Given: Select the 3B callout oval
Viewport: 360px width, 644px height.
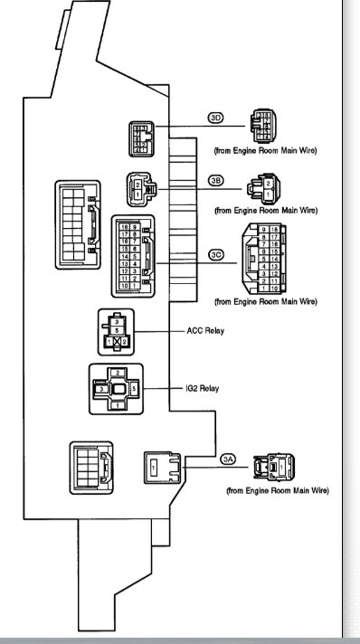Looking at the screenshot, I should pos(215,181).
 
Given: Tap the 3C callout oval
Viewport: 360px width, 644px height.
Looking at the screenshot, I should pos(215,255).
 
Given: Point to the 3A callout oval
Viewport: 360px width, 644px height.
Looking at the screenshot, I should pos(229,459).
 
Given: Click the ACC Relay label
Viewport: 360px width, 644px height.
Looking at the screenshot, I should pos(204,331).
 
